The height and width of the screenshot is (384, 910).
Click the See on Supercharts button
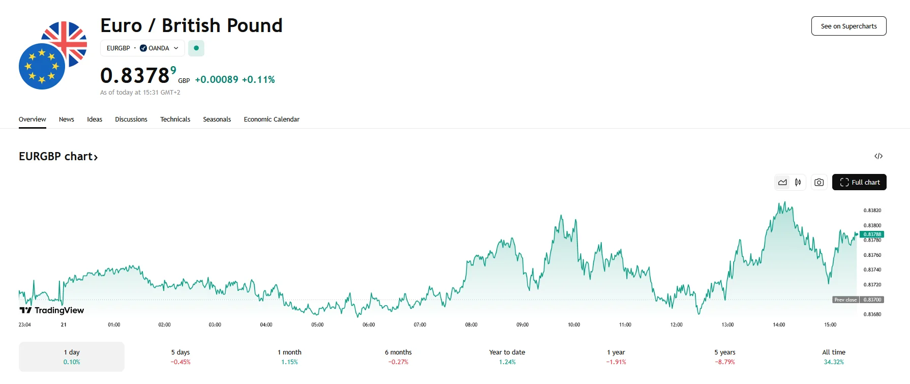click(x=848, y=26)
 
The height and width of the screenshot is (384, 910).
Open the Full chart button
click(x=859, y=182)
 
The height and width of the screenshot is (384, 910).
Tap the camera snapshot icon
click(x=818, y=182)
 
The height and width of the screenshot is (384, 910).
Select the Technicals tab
click(x=175, y=119)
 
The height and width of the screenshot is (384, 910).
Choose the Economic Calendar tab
click(x=271, y=119)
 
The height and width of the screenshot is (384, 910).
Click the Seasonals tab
click(x=217, y=119)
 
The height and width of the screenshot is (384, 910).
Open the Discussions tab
click(x=131, y=119)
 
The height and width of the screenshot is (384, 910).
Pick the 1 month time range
click(x=289, y=357)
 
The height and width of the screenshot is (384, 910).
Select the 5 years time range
click(x=724, y=357)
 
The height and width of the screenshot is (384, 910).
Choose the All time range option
click(x=834, y=357)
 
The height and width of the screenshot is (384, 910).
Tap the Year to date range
click(x=507, y=357)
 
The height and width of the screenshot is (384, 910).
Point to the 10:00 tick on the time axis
click(x=573, y=324)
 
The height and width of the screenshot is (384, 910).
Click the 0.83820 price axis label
click(x=872, y=210)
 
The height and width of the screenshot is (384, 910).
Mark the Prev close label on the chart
click(x=845, y=300)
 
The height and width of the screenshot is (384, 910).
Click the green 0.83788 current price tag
click(x=872, y=234)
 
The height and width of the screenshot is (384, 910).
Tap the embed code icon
click(x=878, y=156)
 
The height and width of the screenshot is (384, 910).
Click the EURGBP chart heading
click(x=58, y=157)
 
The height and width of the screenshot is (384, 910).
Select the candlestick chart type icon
click(x=798, y=182)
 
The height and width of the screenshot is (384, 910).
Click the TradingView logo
click(x=52, y=310)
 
